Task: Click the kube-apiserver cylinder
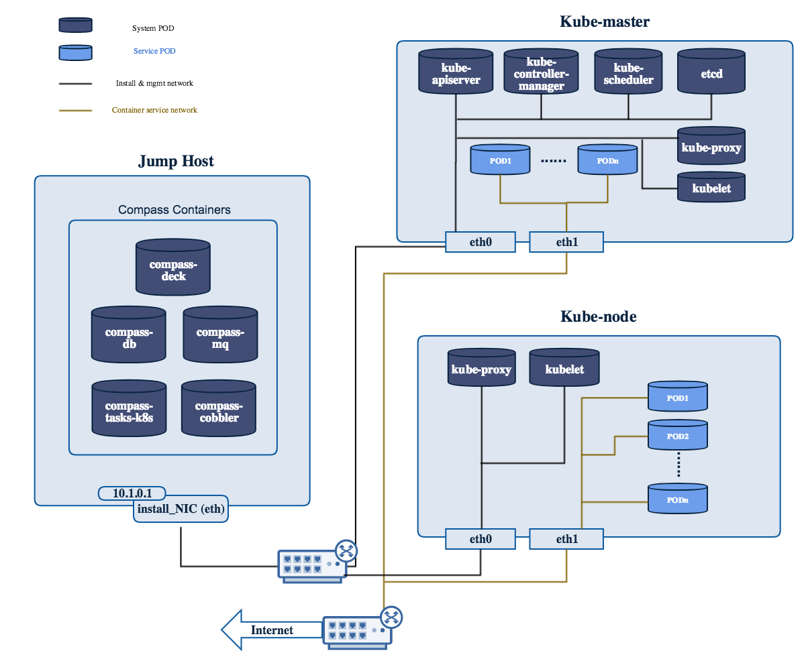(456, 72)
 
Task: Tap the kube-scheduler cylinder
(628, 72)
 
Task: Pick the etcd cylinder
(711, 72)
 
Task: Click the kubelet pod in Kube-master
(711, 187)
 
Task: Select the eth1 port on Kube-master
(566, 242)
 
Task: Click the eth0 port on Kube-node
(481, 538)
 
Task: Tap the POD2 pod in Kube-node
(678, 435)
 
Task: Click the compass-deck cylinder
(172, 268)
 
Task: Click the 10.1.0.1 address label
(132, 493)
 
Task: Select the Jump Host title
(176, 161)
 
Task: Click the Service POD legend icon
(75, 52)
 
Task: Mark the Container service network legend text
(154, 110)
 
